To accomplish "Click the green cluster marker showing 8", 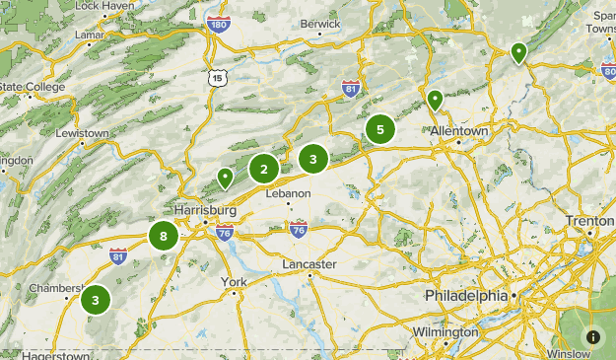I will coord(164,236).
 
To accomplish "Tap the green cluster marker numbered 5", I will coord(380,129).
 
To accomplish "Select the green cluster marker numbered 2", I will coord(263,169).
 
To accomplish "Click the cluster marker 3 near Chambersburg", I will coord(96,300).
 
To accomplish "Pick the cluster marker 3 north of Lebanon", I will coord(312,158).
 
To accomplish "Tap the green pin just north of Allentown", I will coord(435,100).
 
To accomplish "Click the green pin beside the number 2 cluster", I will coord(226,178).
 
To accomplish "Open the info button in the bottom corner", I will coord(592,336).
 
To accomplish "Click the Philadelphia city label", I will coord(466,296).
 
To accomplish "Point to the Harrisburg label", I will coord(205,211).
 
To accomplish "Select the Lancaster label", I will coord(308,264).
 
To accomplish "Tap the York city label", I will coord(234,282).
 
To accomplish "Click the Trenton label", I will coord(589,221).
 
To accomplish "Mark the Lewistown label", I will coord(82,133).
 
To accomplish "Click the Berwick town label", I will coord(320,23).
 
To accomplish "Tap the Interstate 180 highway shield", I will coord(219,24).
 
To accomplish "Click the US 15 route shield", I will coord(218,77).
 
